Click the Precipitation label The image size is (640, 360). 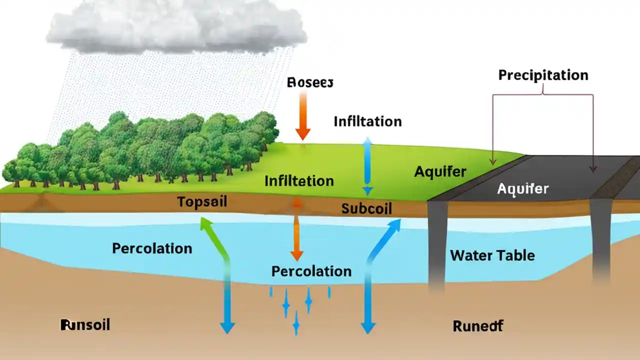coord(543,75)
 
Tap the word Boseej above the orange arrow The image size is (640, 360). coord(310,82)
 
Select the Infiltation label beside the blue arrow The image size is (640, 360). coord(367,121)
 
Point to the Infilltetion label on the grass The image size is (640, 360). coord(299,180)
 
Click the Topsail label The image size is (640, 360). coord(202,202)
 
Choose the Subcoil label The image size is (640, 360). coord(366,208)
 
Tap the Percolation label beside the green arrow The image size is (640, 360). coord(152,248)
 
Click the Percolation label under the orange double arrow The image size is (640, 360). coord(311,271)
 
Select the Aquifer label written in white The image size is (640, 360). coord(522,189)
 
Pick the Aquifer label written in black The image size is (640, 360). coord(440,172)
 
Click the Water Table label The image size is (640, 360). coord(492,255)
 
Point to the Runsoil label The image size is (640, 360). coord(84,325)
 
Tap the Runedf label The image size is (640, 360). coord(477,326)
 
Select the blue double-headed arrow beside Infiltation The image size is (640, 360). coord(367,167)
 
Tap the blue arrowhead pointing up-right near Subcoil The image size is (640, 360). coord(394,225)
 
